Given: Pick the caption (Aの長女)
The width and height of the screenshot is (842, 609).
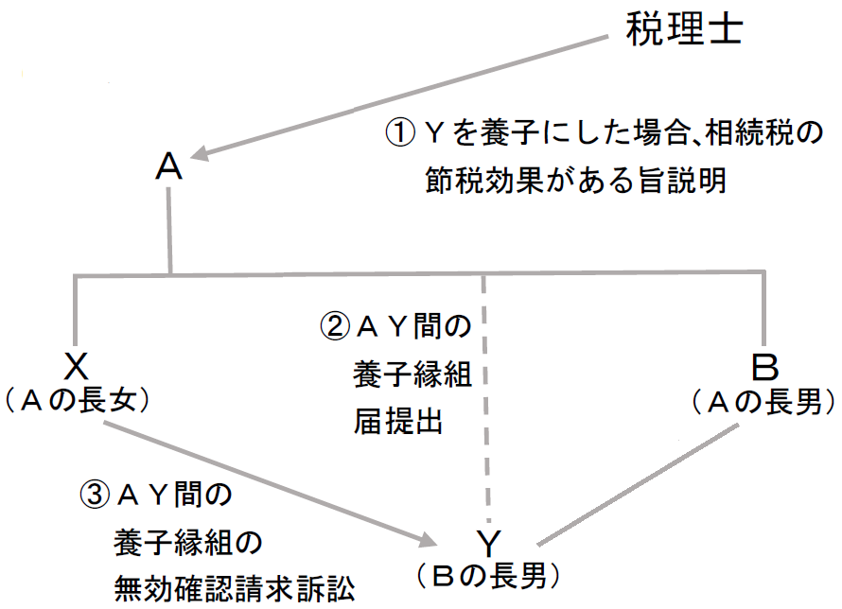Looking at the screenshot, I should pos(77,401).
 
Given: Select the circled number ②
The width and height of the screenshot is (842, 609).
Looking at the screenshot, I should pos(336,327).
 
